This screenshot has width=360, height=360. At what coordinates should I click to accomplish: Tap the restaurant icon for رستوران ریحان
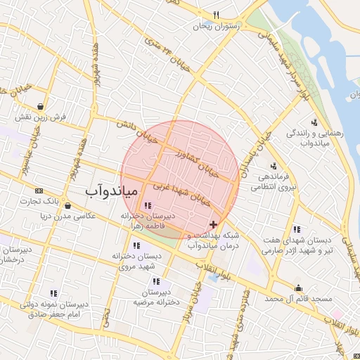[x=217, y=15]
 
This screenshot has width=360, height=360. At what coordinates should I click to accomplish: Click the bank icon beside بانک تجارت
[x=38, y=191]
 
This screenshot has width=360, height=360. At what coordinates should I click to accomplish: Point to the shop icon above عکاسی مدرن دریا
[x=67, y=206]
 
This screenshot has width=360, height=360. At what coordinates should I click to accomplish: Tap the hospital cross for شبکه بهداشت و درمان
[x=214, y=224]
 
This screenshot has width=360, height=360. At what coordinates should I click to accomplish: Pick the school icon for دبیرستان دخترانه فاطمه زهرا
[x=147, y=205]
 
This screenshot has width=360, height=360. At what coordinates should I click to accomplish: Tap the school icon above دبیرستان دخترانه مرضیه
[x=156, y=281]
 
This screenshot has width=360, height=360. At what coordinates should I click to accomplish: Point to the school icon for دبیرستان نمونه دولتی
[x=53, y=293]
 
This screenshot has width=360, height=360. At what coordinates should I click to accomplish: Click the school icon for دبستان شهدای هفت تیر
[x=297, y=229]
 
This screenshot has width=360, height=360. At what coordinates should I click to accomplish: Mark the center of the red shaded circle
[x=180, y=180]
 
